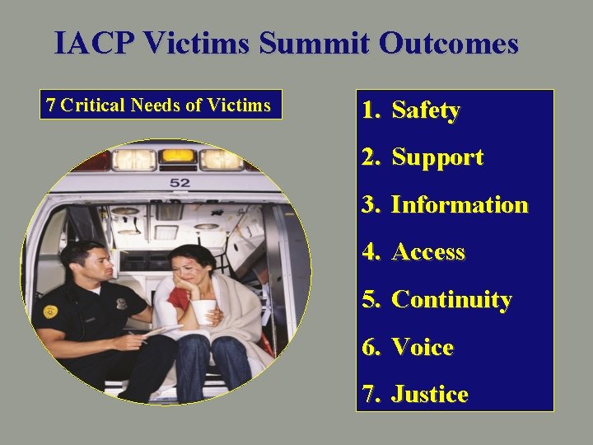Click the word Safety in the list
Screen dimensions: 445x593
tap(425, 110)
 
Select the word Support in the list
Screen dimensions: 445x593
tap(437, 158)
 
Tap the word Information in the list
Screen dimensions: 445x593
tap(459, 205)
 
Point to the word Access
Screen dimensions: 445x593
tap(427, 253)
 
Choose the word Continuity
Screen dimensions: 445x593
tap(451, 300)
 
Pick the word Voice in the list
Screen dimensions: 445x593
tap(422, 348)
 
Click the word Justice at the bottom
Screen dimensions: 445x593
tap(429, 396)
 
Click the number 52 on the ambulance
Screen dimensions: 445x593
tap(179, 182)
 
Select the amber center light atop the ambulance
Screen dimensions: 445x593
tap(178, 156)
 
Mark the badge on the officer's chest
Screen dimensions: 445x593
tap(122, 303)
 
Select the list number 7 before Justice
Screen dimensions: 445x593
tap(369, 396)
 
